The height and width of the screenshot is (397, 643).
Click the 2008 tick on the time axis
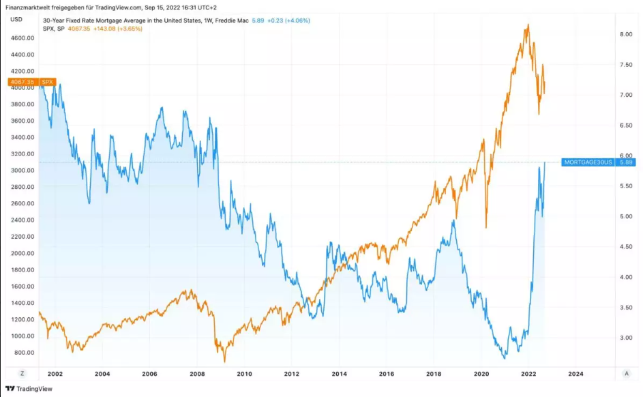(x=197, y=374)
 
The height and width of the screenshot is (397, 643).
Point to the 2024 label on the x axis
(x=575, y=374)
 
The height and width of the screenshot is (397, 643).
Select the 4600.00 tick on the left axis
(x=22, y=38)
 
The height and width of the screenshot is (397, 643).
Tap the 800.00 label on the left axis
(x=23, y=353)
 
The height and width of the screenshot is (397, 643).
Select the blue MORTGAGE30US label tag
(x=588, y=162)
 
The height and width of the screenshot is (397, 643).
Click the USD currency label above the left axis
(x=16, y=19)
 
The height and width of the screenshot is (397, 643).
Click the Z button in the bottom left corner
(x=23, y=374)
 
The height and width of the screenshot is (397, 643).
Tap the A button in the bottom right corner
(x=627, y=374)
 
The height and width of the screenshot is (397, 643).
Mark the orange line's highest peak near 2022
(x=528, y=25)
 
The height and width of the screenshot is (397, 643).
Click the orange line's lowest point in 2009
(x=225, y=362)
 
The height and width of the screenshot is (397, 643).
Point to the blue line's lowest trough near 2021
(x=505, y=358)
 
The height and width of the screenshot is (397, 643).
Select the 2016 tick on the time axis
(x=387, y=374)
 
